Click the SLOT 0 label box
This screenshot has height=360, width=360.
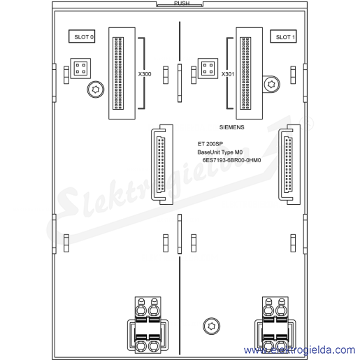click(82, 36)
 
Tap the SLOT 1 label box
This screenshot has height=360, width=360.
click(283, 36)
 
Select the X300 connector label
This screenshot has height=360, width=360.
click(145, 74)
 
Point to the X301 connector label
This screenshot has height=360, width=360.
click(228, 74)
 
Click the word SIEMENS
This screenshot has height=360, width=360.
click(231, 127)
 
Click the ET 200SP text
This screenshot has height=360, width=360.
click(210, 144)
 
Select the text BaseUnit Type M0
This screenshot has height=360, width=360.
click(220, 152)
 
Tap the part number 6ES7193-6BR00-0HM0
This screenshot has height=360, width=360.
click(231, 160)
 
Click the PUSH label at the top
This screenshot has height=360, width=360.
click(182, 3)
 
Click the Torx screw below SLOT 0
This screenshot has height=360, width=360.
click(96, 89)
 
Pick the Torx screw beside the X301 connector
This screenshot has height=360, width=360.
click(271, 84)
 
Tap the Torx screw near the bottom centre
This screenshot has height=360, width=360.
click(211, 326)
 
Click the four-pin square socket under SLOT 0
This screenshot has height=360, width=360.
click(80, 69)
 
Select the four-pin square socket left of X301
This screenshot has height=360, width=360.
click(208, 69)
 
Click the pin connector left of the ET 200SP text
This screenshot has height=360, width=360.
click(162, 164)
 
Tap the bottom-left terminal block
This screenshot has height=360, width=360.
click(147, 325)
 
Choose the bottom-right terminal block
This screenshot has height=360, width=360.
click(275, 325)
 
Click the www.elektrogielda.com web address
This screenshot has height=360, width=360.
click(300, 350)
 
